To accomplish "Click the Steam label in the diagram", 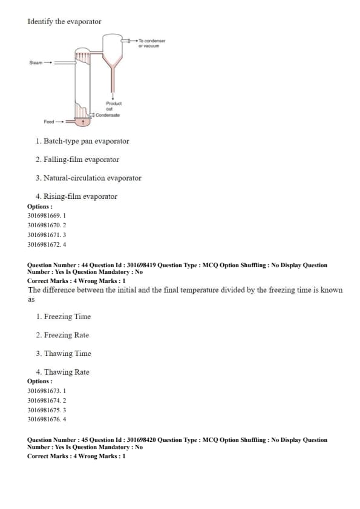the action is point(36,63).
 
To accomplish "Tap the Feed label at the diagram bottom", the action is point(49,122).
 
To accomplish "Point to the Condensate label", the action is point(108,115).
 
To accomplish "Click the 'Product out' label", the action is point(114,106).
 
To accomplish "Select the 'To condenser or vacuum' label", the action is point(152,43).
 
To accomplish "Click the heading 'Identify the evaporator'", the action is point(64,21).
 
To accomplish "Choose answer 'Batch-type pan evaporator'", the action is point(86,141).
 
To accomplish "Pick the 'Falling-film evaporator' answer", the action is point(81,160).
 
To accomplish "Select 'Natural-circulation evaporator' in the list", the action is point(93,178).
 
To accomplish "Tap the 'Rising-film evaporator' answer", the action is point(80,196).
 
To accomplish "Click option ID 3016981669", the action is point(44,216).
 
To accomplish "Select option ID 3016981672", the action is point(44,244).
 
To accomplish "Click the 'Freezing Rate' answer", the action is point(67,335).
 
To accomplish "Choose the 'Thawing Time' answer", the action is point(67,354).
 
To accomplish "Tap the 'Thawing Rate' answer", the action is point(67,372).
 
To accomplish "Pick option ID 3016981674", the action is point(44,400).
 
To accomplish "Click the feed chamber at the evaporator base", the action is point(82,122).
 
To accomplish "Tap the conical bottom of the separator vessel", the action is point(113,62).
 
